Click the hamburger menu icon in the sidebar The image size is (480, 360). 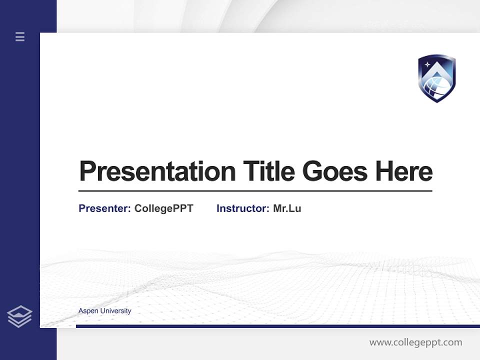20,36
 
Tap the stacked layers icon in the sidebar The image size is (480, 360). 19,316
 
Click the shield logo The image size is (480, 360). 436,78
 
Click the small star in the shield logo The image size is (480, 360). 427,64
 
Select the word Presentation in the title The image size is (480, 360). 157,171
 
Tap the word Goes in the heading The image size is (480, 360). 334,171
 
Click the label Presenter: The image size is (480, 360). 104,208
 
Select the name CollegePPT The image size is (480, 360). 163,208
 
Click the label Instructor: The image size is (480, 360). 242,208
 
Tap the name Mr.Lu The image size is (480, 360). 287,208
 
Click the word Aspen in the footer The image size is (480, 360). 88,311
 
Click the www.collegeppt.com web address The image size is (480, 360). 415,342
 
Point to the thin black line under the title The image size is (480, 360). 255,191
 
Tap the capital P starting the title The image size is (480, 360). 87,171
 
